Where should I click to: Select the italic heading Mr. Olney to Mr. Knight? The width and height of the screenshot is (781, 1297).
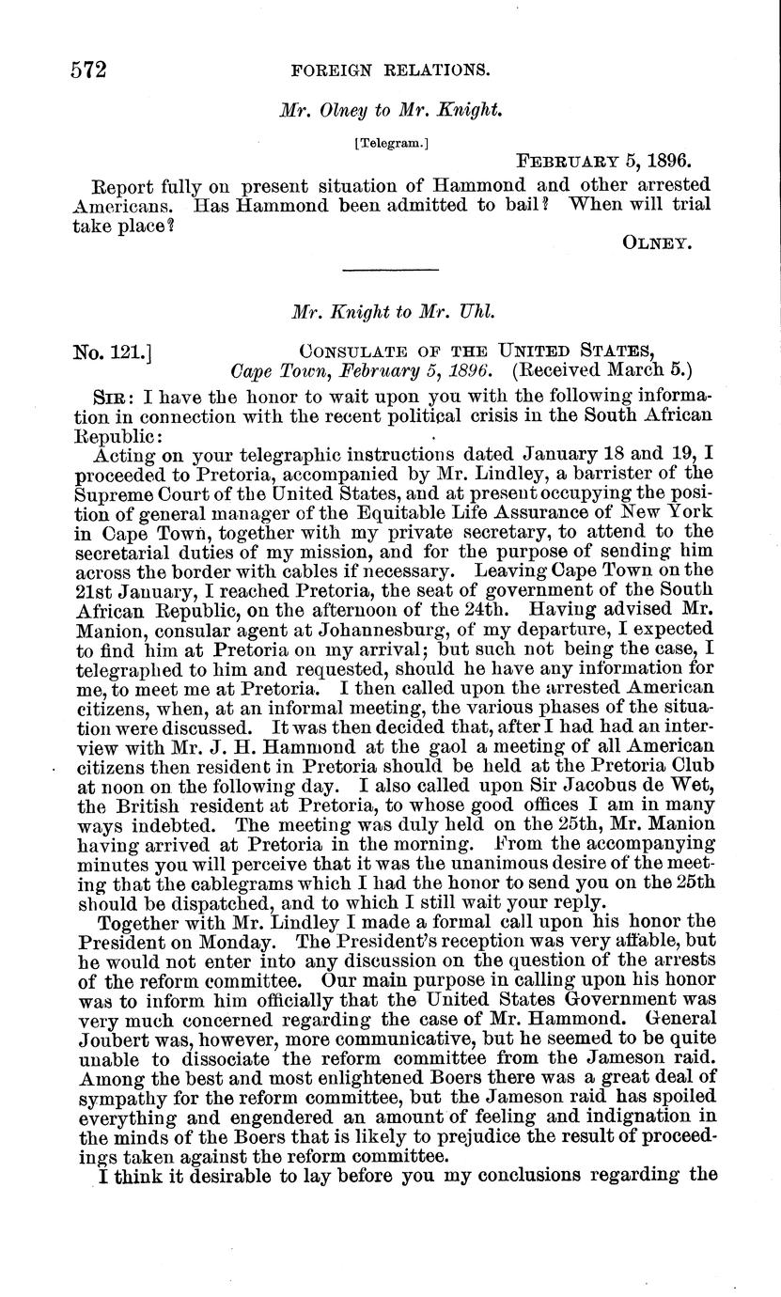click(x=393, y=109)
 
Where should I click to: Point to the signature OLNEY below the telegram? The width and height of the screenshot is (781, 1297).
click(x=657, y=242)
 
